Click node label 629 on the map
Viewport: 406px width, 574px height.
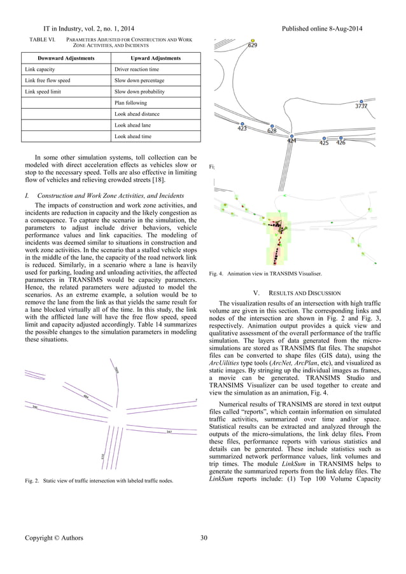(253, 46)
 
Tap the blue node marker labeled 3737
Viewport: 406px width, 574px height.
(361, 101)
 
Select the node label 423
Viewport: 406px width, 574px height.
(242, 129)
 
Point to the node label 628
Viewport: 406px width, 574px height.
(272, 130)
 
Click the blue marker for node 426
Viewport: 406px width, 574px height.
(341, 137)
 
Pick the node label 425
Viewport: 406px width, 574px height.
(324, 143)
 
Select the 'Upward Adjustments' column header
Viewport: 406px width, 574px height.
(156, 58)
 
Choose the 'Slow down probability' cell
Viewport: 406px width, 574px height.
(140, 92)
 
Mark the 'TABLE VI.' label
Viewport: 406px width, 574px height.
(40, 39)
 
